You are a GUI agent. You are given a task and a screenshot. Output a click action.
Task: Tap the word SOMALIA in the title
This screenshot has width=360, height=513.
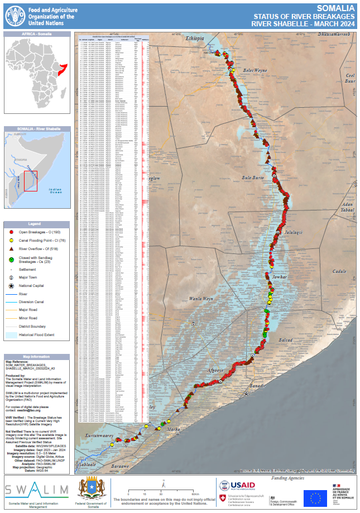coord(335,8)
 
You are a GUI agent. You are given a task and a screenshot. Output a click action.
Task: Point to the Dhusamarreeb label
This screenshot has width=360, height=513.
coord(333,35)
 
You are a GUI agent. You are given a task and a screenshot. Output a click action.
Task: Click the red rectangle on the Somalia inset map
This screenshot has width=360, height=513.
coord(31,181)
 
